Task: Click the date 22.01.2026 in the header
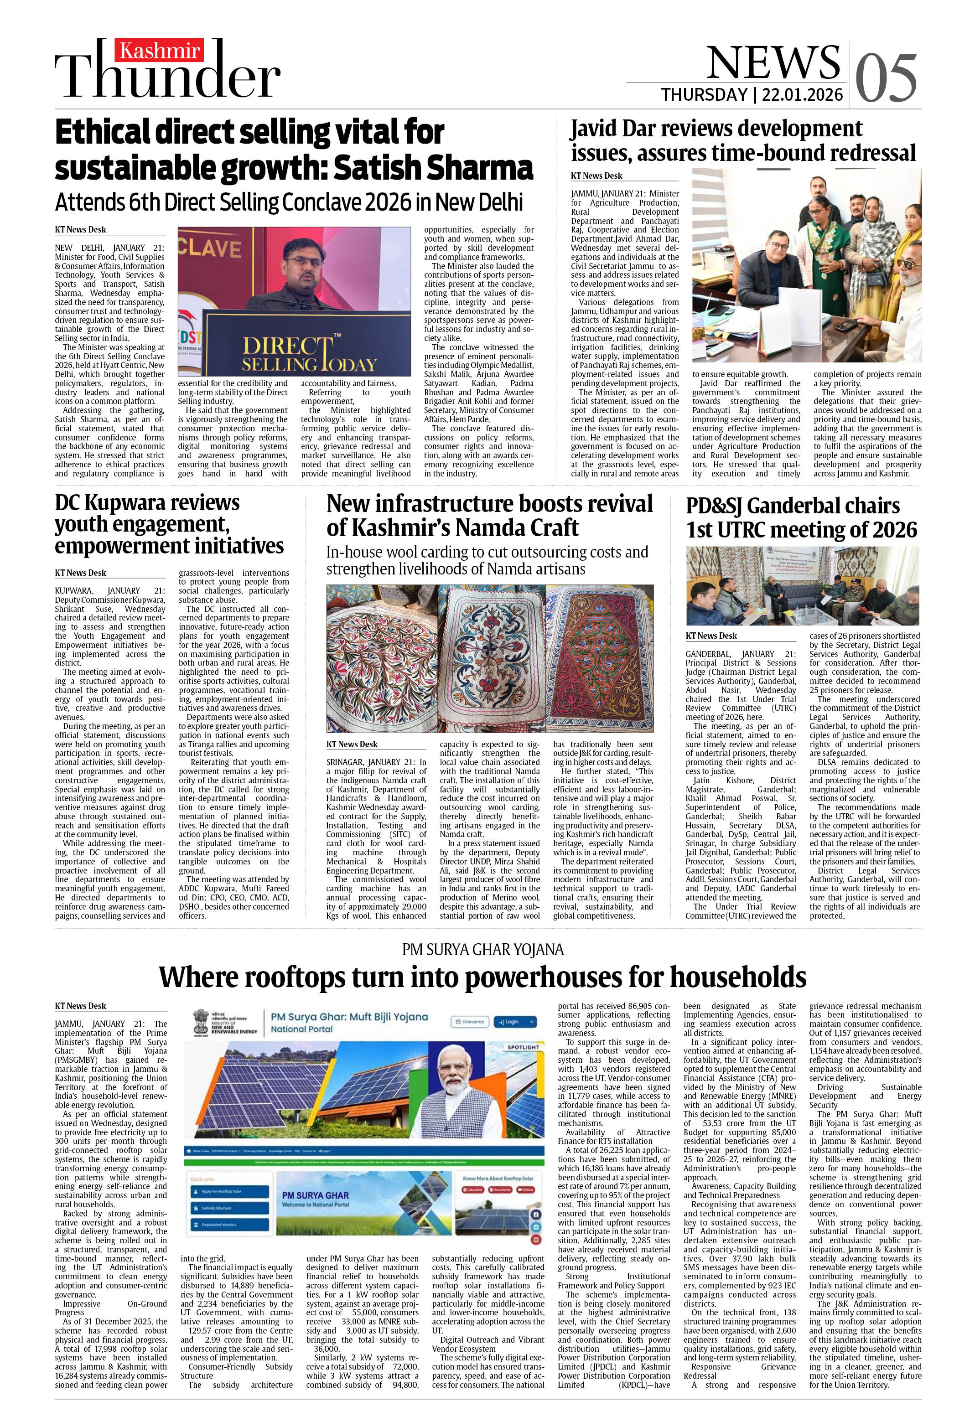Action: point(802,94)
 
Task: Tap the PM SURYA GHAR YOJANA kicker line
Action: point(482,950)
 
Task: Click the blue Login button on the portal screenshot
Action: point(515,1022)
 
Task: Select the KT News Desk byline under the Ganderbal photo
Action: point(711,636)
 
